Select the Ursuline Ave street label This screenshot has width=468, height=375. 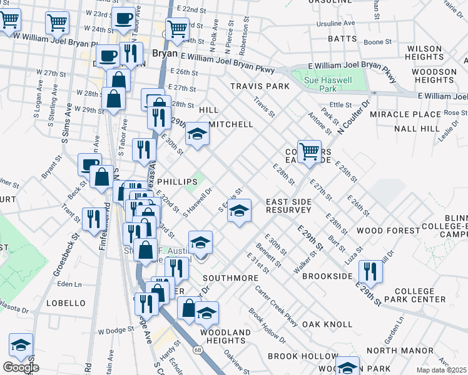coord(337,24)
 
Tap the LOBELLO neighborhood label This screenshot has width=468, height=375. coord(66,303)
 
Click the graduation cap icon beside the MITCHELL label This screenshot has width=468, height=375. coord(197,134)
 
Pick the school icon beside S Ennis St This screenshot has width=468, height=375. coord(238,211)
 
